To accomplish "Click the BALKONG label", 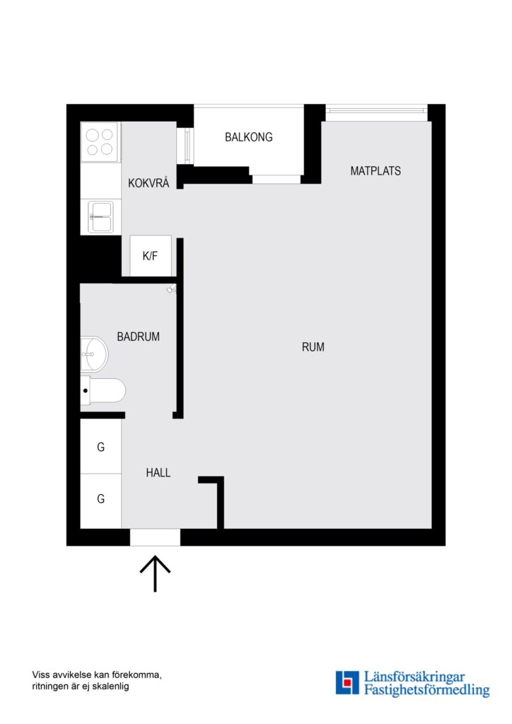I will [x=248, y=137].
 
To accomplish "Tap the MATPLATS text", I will [x=376, y=171].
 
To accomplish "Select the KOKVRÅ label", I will [x=149, y=183].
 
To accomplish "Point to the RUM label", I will [x=313, y=347].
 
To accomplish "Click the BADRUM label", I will [x=138, y=337].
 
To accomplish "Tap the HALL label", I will [x=158, y=473].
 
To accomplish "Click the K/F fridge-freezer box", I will [x=150, y=256].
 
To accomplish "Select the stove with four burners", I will [x=100, y=142].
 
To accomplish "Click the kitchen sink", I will [x=100, y=216].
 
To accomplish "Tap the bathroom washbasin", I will [x=93, y=353].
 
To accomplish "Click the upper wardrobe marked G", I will [x=100, y=447].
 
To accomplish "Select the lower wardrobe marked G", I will [x=100, y=499].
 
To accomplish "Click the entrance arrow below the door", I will [x=154, y=573].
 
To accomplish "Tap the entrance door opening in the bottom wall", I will [x=155, y=537].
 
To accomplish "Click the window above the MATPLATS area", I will [x=376, y=110].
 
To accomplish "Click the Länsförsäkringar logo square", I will [x=347, y=683].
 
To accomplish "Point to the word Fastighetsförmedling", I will [x=426, y=691].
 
